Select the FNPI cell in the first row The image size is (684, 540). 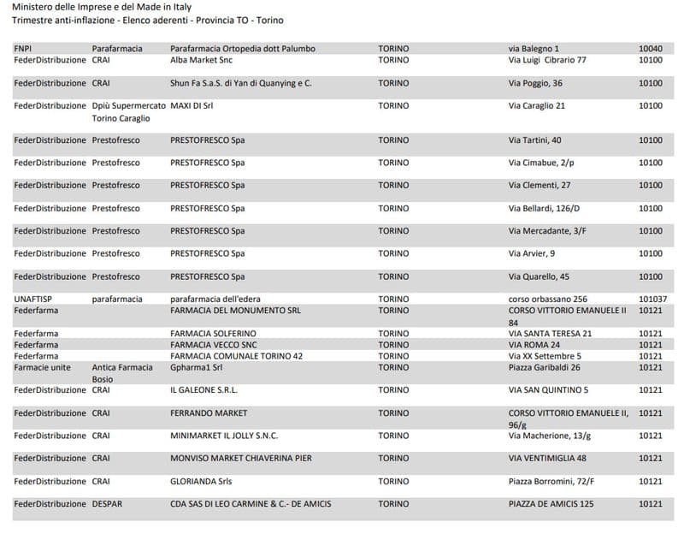pos(23,49)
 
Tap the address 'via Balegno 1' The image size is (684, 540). pos(534,49)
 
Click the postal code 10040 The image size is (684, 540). pos(651,49)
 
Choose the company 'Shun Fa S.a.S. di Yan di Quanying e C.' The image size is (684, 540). pos(241,83)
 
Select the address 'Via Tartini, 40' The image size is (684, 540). pos(534,139)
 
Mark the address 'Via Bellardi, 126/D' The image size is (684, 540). pos(544,208)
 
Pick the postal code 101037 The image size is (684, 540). pos(653,299)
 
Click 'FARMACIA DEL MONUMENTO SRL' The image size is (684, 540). pos(235,310)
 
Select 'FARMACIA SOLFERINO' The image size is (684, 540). pos(213,333)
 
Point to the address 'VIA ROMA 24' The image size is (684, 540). pos(534,344)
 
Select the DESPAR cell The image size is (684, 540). pos(107,504)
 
